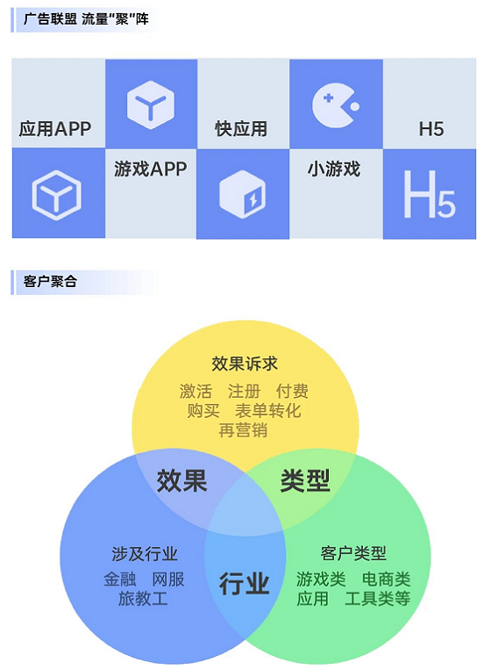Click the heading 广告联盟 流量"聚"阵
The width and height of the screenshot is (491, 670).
(x=86, y=19)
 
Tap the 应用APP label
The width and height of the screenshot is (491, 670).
(x=55, y=128)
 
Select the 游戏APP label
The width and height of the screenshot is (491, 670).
(x=150, y=169)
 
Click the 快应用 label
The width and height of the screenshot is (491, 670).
(x=241, y=128)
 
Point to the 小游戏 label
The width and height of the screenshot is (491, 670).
(x=334, y=169)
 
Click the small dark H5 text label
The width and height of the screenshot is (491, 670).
(x=431, y=129)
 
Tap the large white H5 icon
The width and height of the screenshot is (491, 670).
(x=429, y=194)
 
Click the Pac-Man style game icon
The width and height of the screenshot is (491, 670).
(x=335, y=105)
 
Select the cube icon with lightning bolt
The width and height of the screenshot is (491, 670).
(x=242, y=194)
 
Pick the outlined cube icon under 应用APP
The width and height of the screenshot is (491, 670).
(x=57, y=195)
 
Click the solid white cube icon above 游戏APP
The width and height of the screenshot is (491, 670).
(x=151, y=104)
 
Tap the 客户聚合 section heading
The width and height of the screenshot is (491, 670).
(x=50, y=282)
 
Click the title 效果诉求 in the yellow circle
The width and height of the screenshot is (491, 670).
(x=245, y=364)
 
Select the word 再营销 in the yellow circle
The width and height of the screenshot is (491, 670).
(x=243, y=430)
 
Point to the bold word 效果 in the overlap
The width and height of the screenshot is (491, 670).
(x=181, y=480)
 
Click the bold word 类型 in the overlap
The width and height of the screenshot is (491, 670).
(x=305, y=480)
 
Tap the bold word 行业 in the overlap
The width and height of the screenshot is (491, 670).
(x=244, y=584)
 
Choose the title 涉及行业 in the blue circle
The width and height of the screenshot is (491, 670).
(x=145, y=554)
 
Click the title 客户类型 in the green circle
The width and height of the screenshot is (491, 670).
(x=353, y=554)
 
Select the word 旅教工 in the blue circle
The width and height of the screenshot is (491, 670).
(x=143, y=599)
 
